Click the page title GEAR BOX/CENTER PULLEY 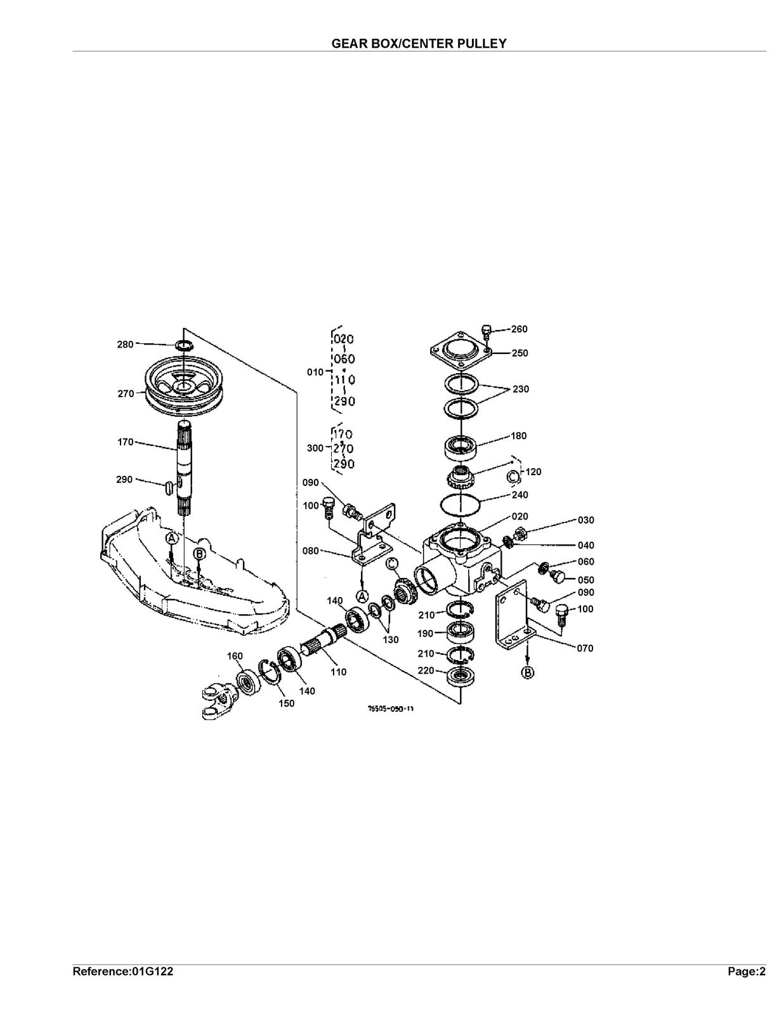pyautogui.click(x=419, y=43)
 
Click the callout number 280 pyautogui.click(x=125, y=344)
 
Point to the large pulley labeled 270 pyautogui.click(x=185, y=385)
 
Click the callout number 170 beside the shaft pyautogui.click(x=125, y=442)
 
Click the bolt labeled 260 pyautogui.click(x=487, y=332)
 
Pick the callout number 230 pyautogui.click(x=521, y=389)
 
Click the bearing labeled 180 pyautogui.click(x=461, y=445)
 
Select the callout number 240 pyautogui.click(x=519, y=495)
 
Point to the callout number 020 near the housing pyautogui.click(x=519, y=516)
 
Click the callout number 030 pyautogui.click(x=586, y=520)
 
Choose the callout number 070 pyautogui.click(x=585, y=648)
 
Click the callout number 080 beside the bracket pyautogui.click(x=311, y=551)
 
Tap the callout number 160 pyautogui.click(x=235, y=657)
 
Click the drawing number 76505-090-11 pyautogui.click(x=390, y=709)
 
